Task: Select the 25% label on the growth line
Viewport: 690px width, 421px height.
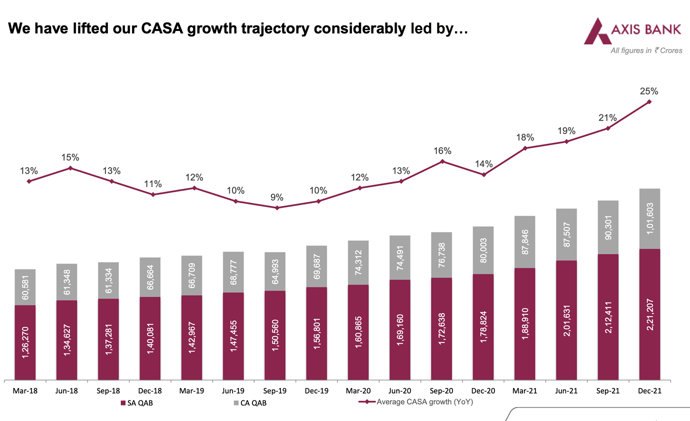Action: (x=649, y=91)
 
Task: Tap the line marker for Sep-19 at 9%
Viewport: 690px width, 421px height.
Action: (x=276, y=207)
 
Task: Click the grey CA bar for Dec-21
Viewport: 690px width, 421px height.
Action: (x=649, y=218)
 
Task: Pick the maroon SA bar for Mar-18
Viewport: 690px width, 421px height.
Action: (x=25, y=342)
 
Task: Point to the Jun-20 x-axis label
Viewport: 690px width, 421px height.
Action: (x=399, y=391)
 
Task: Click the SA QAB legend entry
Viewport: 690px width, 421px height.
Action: (x=136, y=403)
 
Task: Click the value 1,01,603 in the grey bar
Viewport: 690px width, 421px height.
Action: (x=649, y=219)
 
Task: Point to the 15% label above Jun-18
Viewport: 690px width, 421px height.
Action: (x=70, y=157)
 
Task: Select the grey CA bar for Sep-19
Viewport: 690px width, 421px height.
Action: (x=275, y=271)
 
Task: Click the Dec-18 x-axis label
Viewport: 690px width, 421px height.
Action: (x=150, y=391)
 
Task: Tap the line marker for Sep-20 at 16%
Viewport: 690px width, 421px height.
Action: (x=442, y=161)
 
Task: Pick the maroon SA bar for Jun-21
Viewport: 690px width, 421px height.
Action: (x=566, y=320)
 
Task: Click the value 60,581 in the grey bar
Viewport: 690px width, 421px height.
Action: (x=25, y=287)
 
